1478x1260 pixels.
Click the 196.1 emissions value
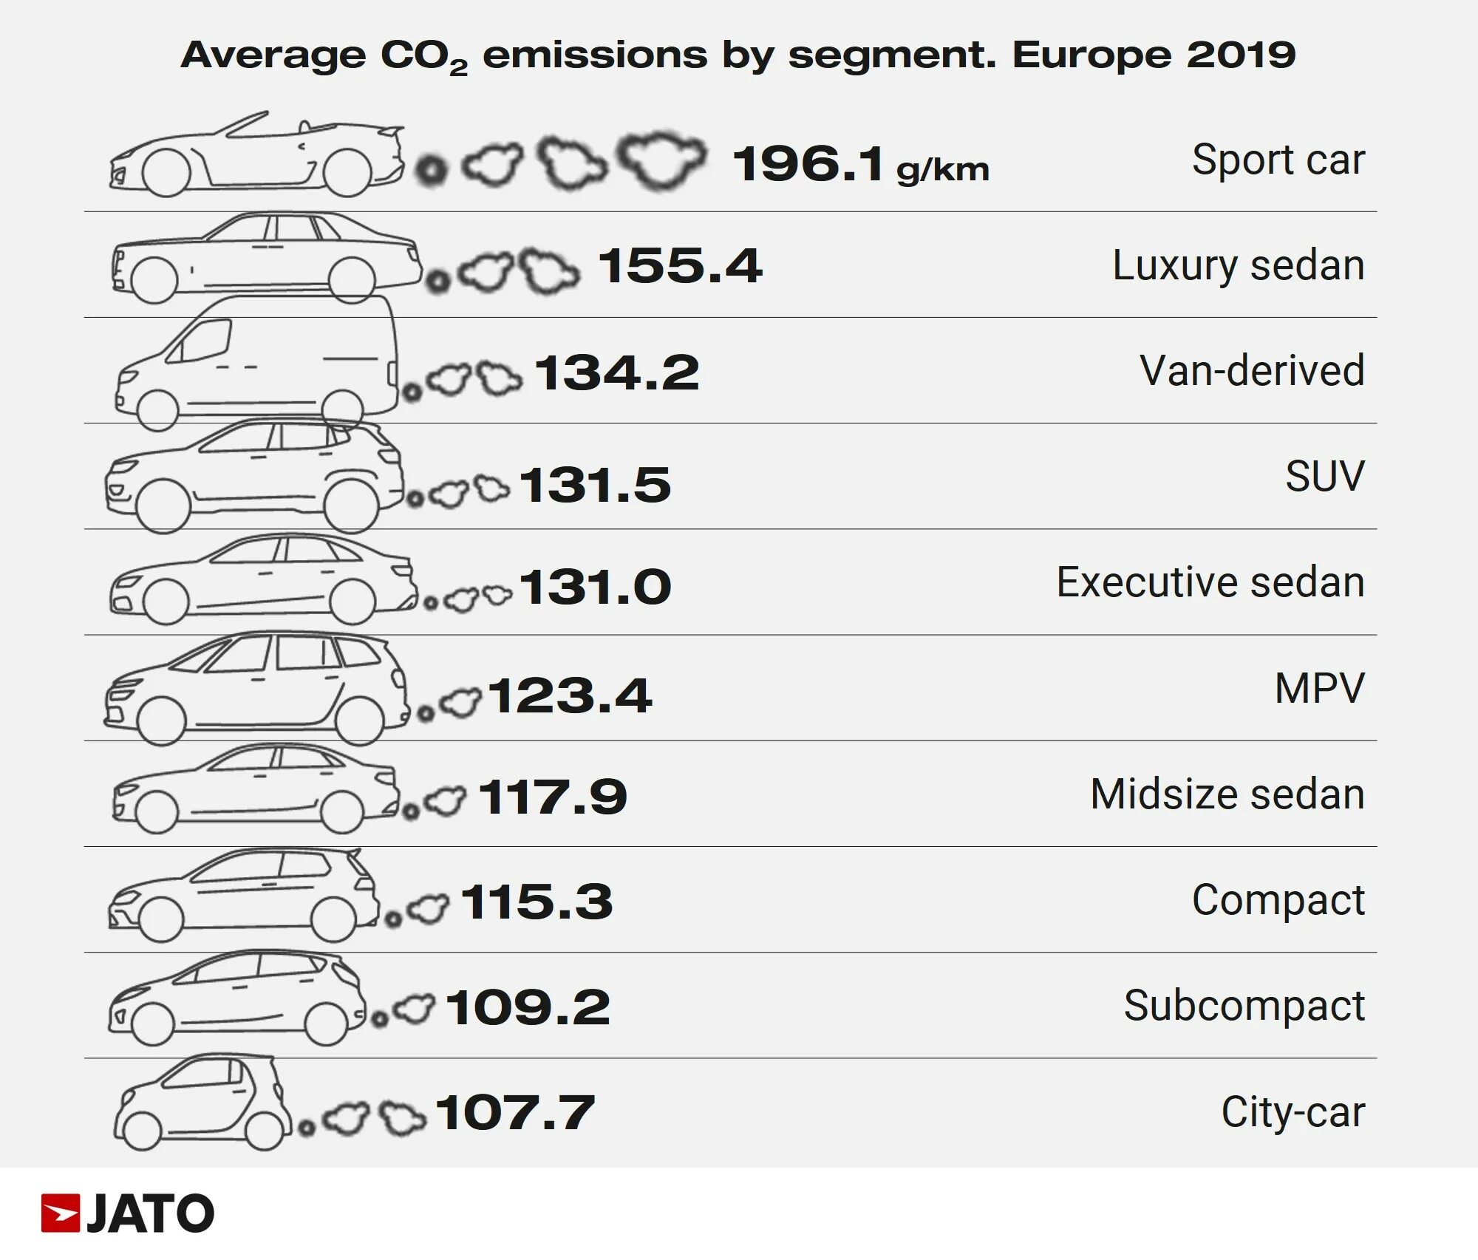[x=807, y=163]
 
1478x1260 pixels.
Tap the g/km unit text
[x=942, y=170]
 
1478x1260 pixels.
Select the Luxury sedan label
[x=1238, y=265]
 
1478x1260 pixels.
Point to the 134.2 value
[x=616, y=372]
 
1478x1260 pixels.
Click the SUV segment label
[x=1324, y=476]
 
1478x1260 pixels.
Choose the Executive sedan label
[x=1210, y=582]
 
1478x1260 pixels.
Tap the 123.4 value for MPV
[x=569, y=696]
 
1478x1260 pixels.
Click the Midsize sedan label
[x=1227, y=794]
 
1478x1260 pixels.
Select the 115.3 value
[x=537, y=902]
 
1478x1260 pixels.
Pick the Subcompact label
[x=1244, y=1006]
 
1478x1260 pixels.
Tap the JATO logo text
[x=150, y=1214]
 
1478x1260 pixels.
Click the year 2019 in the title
[x=1241, y=55]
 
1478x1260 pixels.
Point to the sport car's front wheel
[x=166, y=173]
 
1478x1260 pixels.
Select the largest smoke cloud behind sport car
[x=661, y=160]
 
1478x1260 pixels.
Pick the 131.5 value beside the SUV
[x=595, y=486]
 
